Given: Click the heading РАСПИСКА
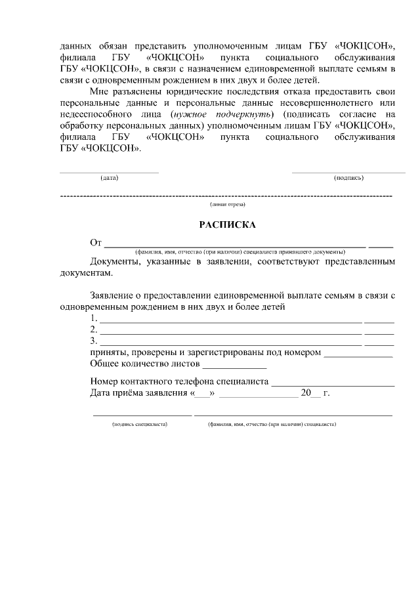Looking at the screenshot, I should (227, 224).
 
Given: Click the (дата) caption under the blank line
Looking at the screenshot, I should (109, 178).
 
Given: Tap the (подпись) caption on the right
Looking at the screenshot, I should (348, 178).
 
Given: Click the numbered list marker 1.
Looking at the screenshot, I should (94, 320).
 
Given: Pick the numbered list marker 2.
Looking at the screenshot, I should (94, 330).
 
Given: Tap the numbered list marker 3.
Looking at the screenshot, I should (94, 341).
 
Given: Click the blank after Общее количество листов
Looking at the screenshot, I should (234, 365).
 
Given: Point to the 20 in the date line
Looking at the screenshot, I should (305, 394).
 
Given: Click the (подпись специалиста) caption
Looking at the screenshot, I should (140, 425).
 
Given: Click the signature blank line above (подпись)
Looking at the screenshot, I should (348, 172).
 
